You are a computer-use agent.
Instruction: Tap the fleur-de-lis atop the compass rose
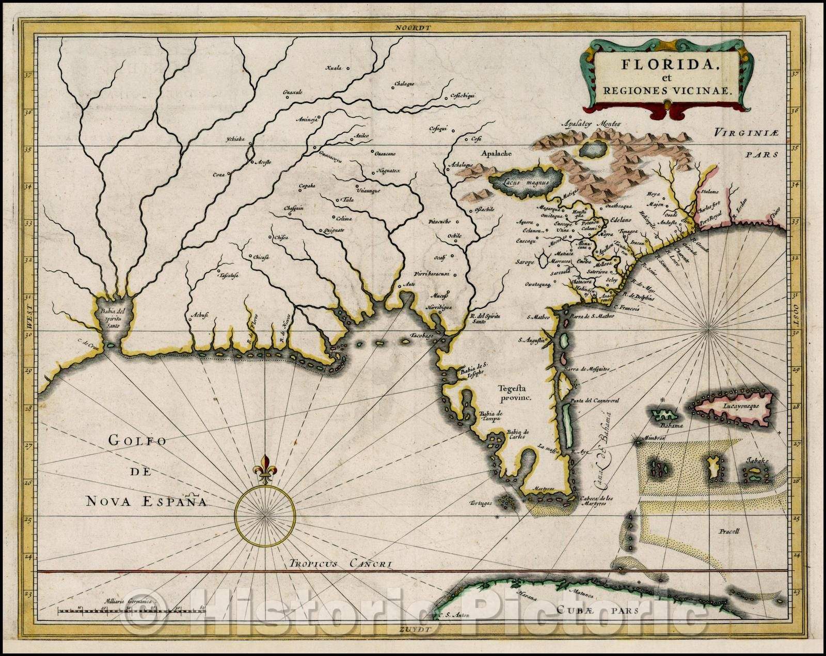[265, 467]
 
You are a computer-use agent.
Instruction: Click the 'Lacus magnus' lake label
[525, 182]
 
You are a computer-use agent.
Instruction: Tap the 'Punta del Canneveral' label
[594, 400]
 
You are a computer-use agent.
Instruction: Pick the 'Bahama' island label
[674, 426]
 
